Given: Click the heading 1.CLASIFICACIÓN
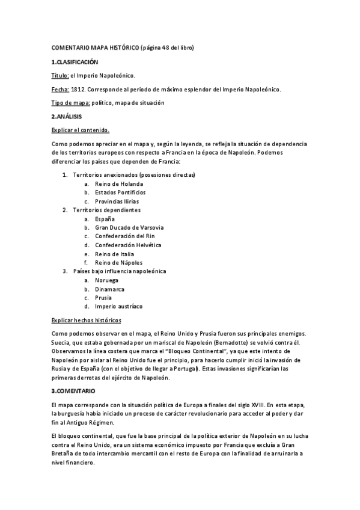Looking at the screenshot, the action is click(75, 62).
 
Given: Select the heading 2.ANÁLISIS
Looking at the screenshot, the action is click(67, 116).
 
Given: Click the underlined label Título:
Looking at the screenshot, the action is click(60, 76).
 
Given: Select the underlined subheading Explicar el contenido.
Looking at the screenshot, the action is click(81, 129).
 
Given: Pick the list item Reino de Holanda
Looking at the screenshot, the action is click(119, 183).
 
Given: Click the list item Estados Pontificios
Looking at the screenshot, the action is click(120, 192).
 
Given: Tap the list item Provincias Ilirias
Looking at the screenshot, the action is click(118, 201).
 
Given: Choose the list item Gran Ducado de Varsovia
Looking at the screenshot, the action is click(129, 227).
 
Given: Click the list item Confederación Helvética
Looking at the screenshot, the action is click(129, 245).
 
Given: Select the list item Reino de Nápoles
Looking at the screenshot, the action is click(118, 262).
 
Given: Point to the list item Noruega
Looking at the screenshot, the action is click(106, 280).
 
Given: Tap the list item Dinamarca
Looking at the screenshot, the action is click(110, 289).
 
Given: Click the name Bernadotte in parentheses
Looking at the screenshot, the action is click(236, 342).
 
